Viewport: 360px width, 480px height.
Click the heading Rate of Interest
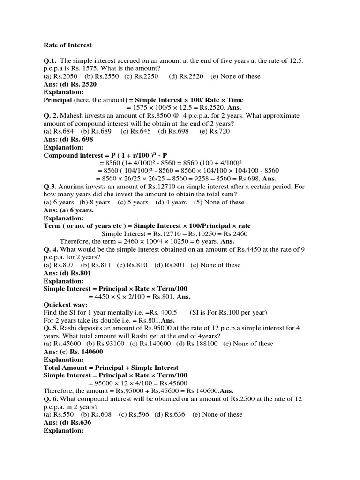pos(67,45)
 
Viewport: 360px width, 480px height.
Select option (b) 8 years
pos(95,202)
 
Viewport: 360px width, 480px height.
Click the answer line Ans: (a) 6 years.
pos(68,210)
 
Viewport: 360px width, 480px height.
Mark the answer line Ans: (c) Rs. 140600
pos(73,352)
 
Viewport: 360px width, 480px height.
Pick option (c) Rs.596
pos(134,414)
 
